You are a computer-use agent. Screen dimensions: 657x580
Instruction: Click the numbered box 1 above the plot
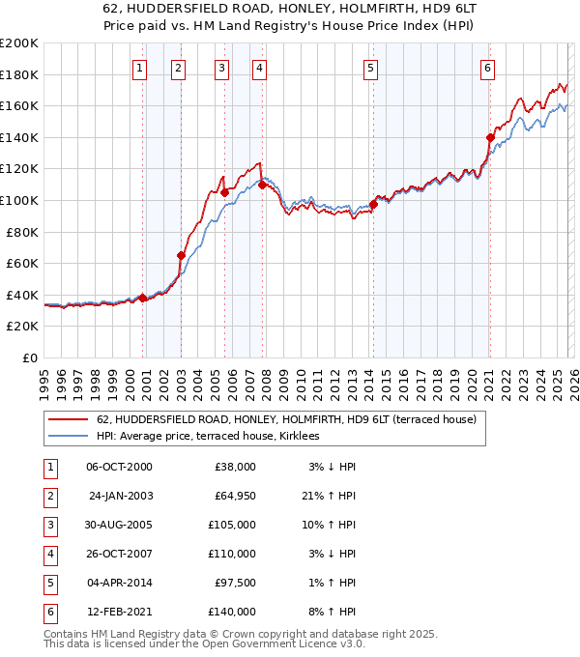[140, 68]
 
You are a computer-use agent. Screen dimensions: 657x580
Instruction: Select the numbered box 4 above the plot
[261, 68]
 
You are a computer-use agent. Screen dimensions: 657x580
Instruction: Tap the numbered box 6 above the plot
[488, 68]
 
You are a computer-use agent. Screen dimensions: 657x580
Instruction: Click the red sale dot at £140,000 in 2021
[490, 138]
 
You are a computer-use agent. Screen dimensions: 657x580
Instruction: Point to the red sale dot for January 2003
[181, 255]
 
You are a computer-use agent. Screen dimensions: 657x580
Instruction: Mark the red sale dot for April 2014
[373, 204]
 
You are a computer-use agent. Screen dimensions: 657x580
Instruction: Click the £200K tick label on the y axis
[19, 43]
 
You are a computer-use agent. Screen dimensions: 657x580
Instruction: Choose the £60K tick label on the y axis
[22, 263]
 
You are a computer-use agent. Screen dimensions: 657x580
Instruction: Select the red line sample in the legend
[68, 420]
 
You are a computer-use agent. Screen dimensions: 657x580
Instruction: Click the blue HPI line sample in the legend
[68, 437]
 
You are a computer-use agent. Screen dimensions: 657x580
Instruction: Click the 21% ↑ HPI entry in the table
[331, 495]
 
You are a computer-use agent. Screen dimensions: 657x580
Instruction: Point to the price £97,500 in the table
[235, 582]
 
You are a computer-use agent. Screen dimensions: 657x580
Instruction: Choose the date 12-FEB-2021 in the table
[120, 611]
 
